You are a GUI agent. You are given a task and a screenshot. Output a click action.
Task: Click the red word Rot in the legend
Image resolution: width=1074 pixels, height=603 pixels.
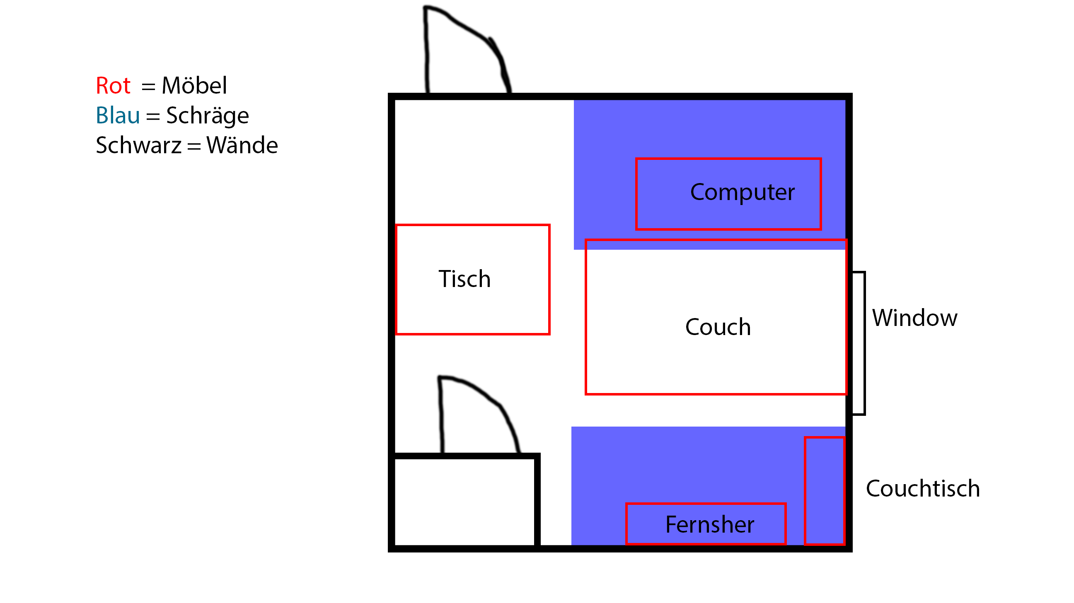pyautogui.click(x=113, y=86)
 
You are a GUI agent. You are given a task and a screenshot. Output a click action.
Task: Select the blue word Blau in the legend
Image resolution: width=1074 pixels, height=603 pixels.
pyautogui.click(x=118, y=116)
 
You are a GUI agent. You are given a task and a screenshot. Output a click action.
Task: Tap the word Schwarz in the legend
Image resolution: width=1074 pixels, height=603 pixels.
pyautogui.click(x=139, y=145)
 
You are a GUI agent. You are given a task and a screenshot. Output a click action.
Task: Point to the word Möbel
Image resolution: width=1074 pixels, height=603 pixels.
pyautogui.click(x=194, y=85)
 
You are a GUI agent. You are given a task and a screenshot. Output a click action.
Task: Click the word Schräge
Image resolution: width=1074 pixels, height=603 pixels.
pyautogui.click(x=208, y=116)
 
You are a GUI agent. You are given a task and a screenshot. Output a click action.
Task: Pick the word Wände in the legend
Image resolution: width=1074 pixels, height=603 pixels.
pyautogui.click(x=242, y=145)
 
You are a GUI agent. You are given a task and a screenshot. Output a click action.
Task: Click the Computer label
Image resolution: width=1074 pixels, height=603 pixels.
pyautogui.click(x=743, y=193)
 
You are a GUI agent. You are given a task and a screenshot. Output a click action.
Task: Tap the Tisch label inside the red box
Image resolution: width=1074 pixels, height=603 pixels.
pyautogui.click(x=464, y=279)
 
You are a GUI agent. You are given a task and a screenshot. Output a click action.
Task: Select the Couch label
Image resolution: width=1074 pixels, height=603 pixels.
pyautogui.click(x=718, y=327)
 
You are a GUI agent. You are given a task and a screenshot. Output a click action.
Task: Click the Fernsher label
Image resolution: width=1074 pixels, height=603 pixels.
pyautogui.click(x=710, y=524)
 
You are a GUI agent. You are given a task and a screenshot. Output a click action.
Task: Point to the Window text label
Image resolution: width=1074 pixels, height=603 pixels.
pyautogui.click(x=915, y=318)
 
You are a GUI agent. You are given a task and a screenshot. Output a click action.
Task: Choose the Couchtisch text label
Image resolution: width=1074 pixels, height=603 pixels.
pyautogui.click(x=923, y=488)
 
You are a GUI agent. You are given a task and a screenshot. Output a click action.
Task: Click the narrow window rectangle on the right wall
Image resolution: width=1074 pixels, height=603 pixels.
pyautogui.click(x=859, y=343)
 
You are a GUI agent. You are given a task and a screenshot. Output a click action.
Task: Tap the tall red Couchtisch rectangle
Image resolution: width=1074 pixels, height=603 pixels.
pyautogui.click(x=825, y=491)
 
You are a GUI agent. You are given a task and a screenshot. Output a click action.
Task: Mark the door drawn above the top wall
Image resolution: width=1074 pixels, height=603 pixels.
pyautogui.click(x=467, y=50)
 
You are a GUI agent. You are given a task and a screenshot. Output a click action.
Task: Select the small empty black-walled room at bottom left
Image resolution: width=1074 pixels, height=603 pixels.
pyautogui.click(x=464, y=502)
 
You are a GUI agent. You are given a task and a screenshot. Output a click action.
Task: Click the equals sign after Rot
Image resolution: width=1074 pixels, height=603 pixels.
pyautogui.click(x=148, y=87)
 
